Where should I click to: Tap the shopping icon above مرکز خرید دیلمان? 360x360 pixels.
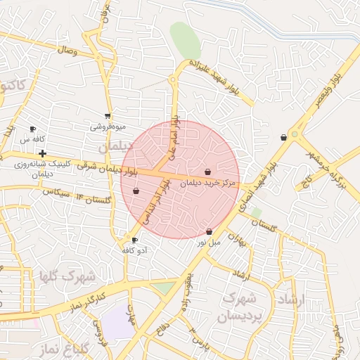tap(207, 172)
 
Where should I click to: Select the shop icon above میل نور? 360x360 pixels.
tap(210, 232)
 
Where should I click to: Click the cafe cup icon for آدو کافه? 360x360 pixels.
tap(134, 240)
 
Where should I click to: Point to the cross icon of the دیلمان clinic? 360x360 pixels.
tap(43, 153)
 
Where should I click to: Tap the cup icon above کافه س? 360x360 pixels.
tap(32, 129)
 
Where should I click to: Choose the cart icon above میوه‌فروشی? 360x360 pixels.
tap(107, 116)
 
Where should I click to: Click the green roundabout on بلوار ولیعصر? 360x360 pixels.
tap(295, 134)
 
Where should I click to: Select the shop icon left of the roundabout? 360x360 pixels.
tap(283, 138)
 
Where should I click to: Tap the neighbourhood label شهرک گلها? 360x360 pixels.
tap(71, 275)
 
